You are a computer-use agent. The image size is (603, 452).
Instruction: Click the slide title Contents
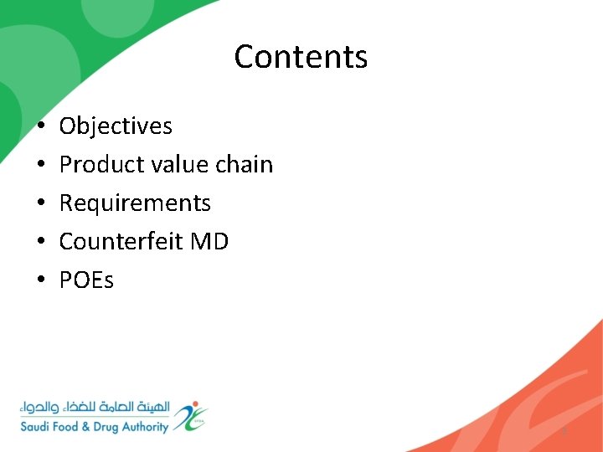301,57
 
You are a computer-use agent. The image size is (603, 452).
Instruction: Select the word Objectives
116,126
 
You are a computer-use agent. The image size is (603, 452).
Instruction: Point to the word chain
244,165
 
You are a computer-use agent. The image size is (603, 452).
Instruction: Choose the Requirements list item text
135,203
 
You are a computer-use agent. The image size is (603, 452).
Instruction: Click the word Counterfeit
121,242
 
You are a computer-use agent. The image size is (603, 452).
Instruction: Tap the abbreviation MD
209,242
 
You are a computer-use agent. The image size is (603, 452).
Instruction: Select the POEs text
86,280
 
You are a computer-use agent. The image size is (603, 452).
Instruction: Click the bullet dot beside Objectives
40,127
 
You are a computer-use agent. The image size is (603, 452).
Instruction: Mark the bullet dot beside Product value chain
40,166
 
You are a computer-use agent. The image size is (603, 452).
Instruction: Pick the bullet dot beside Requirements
40,204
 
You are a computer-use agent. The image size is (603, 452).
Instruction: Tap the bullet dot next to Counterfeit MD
40,243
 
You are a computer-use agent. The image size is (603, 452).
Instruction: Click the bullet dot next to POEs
40,281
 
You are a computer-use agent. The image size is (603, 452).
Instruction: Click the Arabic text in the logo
95,408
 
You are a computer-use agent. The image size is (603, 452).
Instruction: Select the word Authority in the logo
142,427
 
